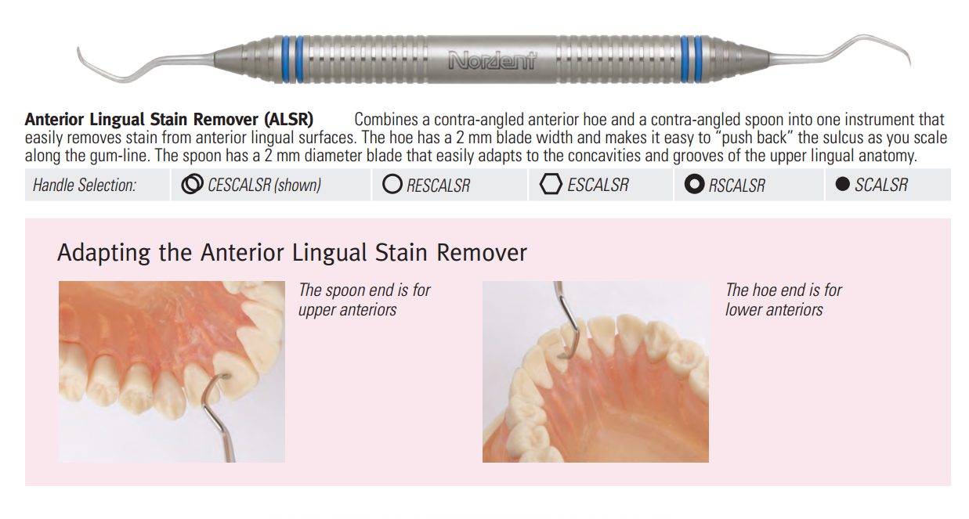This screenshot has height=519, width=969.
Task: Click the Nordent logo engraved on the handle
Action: coord(492,60)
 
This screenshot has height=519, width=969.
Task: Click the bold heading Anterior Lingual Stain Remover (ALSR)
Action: coord(169,119)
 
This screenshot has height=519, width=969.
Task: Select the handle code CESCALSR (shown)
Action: coord(264,185)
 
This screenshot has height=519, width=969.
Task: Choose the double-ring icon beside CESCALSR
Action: coord(192,184)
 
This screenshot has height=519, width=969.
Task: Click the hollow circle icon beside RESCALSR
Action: coord(392,184)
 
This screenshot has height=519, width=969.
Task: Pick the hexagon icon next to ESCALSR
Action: coord(551,184)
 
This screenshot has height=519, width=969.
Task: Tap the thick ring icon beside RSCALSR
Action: coord(694,184)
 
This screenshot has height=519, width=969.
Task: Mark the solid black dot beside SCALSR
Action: coord(843,184)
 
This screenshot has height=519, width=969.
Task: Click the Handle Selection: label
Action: coord(85,185)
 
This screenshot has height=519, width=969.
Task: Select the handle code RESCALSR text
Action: coord(438,186)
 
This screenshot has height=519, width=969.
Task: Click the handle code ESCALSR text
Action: coord(598,185)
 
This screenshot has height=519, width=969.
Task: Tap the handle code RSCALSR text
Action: coord(736,186)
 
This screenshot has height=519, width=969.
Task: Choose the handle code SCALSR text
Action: coord(881,185)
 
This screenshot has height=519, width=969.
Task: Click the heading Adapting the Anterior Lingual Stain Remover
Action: coord(292,253)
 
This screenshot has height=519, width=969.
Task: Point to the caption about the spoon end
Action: coord(364,300)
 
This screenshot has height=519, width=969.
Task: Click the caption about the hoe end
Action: coord(783,300)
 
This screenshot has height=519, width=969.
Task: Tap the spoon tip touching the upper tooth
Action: coord(225,377)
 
